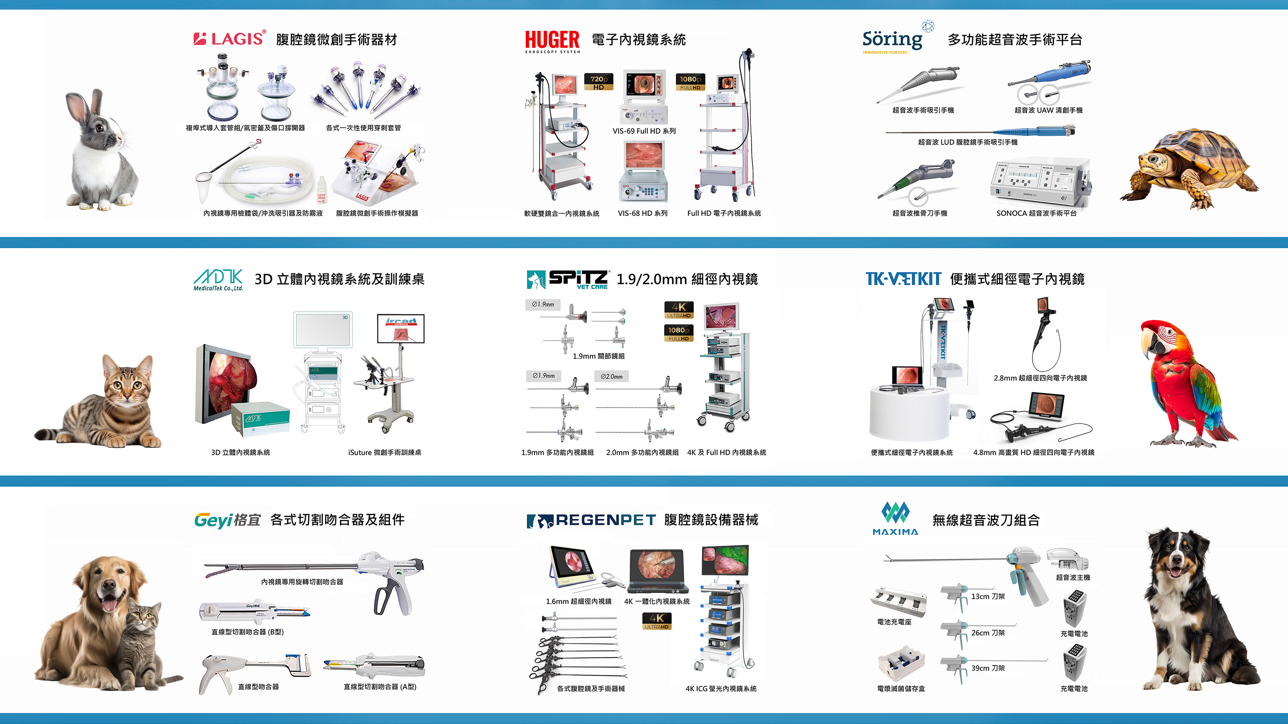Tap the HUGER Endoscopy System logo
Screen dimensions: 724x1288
coord(552,41)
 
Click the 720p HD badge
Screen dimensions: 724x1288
coord(598,82)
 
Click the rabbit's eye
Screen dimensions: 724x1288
coord(99,128)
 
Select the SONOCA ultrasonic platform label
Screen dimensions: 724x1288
coord(1036,214)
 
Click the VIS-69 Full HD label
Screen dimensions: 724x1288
coord(644,131)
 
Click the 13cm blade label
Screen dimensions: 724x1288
coord(987,597)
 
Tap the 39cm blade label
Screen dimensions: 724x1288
coord(987,668)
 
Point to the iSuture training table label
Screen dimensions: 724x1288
coord(384,453)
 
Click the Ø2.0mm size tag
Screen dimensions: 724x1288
coord(612,376)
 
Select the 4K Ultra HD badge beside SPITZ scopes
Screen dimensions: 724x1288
coord(678,310)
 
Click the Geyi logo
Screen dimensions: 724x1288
coord(228,520)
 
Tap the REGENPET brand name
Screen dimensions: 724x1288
coord(605,520)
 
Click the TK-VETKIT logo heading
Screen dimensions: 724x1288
coord(903,279)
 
